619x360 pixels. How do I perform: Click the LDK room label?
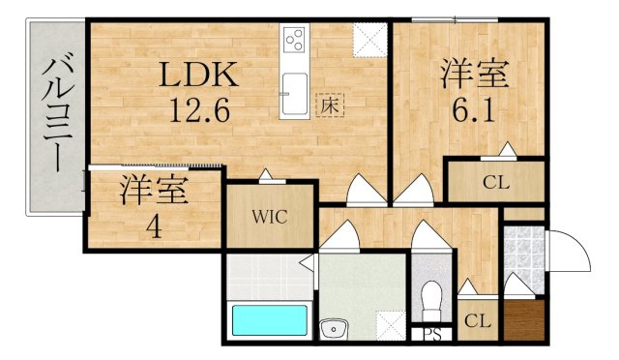pyautogui.click(x=199, y=75)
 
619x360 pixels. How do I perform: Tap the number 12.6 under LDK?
pyautogui.click(x=199, y=110)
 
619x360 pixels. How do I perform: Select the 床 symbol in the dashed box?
pyautogui.click(x=330, y=105)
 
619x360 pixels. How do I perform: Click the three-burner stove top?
pyautogui.click(x=295, y=40)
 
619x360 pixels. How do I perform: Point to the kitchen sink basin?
pyautogui.click(x=294, y=93)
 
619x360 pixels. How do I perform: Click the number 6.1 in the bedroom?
pyautogui.click(x=473, y=110)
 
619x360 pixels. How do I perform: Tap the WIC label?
pyautogui.click(x=270, y=217)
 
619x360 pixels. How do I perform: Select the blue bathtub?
pyautogui.click(x=270, y=320)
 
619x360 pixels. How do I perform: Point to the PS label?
pyautogui.click(x=432, y=335)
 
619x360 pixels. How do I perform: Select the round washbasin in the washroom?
pyautogui.click(x=334, y=329)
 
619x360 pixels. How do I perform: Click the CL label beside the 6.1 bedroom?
pyautogui.click(x=496, y=183)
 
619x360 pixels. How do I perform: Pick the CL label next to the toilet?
pyautogui.click(x=478, y=321)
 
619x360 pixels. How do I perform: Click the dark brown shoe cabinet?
pyautogui.click(x=524, y=319)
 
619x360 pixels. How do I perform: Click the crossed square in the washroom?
pyautogui.click(x=391, y=325)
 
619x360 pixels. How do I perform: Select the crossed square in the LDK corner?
pyautogui.click(x=369, y=40)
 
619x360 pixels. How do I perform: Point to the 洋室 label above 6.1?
pyautogui.click(x=474, y=74)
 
